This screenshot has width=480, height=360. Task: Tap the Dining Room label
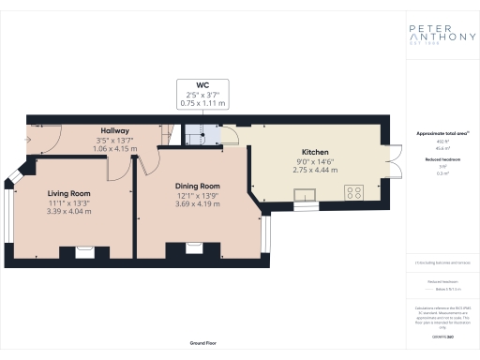[197, 186]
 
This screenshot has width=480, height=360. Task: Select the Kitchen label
[314, 152]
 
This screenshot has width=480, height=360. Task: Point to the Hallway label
[114, 130]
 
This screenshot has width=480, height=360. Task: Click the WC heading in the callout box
[203, 84]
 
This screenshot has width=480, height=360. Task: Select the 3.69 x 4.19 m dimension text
[197, 203]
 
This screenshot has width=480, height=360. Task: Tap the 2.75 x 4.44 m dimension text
[314, 170]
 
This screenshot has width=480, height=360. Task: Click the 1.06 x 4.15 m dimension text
[114, 148]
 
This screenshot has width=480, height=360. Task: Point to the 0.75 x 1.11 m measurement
[203, 102]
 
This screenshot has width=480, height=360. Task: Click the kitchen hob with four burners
[355, 193]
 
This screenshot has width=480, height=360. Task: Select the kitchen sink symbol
[306, 195]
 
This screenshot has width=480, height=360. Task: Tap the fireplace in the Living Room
[82, 250]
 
